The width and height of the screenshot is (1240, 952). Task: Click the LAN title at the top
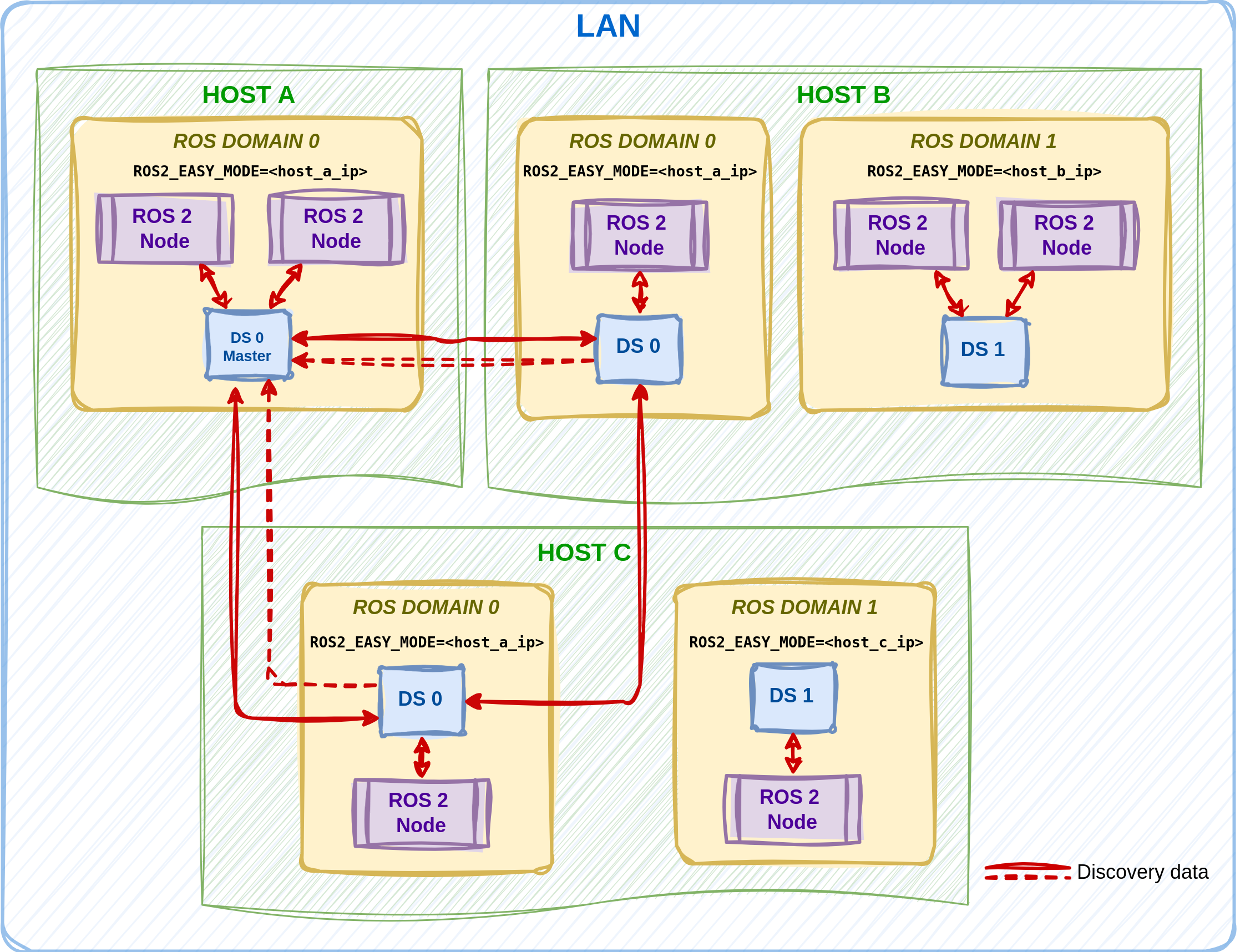pyautogui.click(x=608, y=26)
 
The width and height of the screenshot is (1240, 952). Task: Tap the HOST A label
pyautogui.click(x=248, y=95)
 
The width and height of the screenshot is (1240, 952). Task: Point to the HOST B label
pyautogui.click(x=843, y=95)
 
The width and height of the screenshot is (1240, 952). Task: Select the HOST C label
pyautogui.click(x=584, y=552)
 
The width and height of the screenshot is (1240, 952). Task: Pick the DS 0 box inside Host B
pyautogui.click(x=638, y=348)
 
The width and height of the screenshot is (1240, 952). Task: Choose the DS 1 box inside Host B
pyautogui.click(x=984, y=351)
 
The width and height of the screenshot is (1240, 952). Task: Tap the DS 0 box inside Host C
pyautogui.click(x=421, y=700)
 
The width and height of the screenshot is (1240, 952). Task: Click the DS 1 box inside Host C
pyautogui.click(x=792, y=696)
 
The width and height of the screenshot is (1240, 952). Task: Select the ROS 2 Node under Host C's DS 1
pyautogui.click(x=792, y=809)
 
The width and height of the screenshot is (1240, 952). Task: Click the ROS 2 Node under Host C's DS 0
pyautogui.click(x=421, y=813)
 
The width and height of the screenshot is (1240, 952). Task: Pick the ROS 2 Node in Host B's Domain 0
pyautogui.click(x=639, y=235)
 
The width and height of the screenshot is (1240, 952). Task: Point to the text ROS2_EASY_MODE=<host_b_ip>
pyautogui.click(x=984, y=171)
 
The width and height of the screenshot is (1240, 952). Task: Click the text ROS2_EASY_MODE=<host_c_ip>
pyautogui.click(x=806, y=642)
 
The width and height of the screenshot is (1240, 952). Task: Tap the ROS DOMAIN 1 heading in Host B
pyautogui.click(x=983, y=141)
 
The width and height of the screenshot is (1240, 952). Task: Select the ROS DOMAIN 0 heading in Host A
pyautogui.click(x=246, y=141)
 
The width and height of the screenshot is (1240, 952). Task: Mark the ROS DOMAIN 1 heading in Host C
pyautogui.click(x=804, y=607)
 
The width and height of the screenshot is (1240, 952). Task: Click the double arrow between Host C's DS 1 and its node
pyautogui.click(x=793, y=753)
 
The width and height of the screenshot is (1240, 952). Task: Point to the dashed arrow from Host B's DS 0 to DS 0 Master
pyautogui.click(x=442, y=362)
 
